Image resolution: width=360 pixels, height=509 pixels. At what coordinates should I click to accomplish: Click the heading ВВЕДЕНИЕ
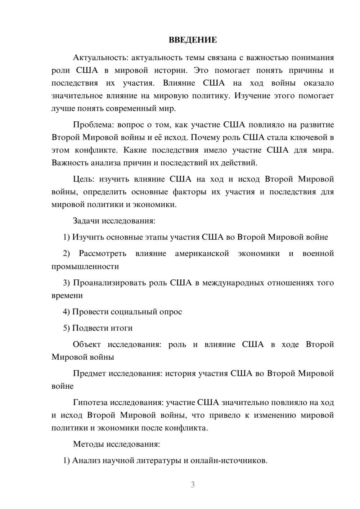pos(193,40)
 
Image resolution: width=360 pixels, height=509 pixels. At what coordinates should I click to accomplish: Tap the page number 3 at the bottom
pos(193,485)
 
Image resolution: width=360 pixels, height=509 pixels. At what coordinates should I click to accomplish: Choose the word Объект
pos(87,344)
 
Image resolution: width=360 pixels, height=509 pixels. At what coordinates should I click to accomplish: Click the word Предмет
pos(89,374)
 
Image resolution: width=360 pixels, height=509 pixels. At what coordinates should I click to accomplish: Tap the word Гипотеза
pos(90,402)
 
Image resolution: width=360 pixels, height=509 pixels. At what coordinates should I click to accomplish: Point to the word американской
pos(202,254)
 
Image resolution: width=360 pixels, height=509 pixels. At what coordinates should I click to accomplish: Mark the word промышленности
pos(85,267)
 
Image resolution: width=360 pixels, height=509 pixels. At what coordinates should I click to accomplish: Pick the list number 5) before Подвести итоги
pos(66,328)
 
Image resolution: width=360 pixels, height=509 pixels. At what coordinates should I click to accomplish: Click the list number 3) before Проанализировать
pos(67,283)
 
